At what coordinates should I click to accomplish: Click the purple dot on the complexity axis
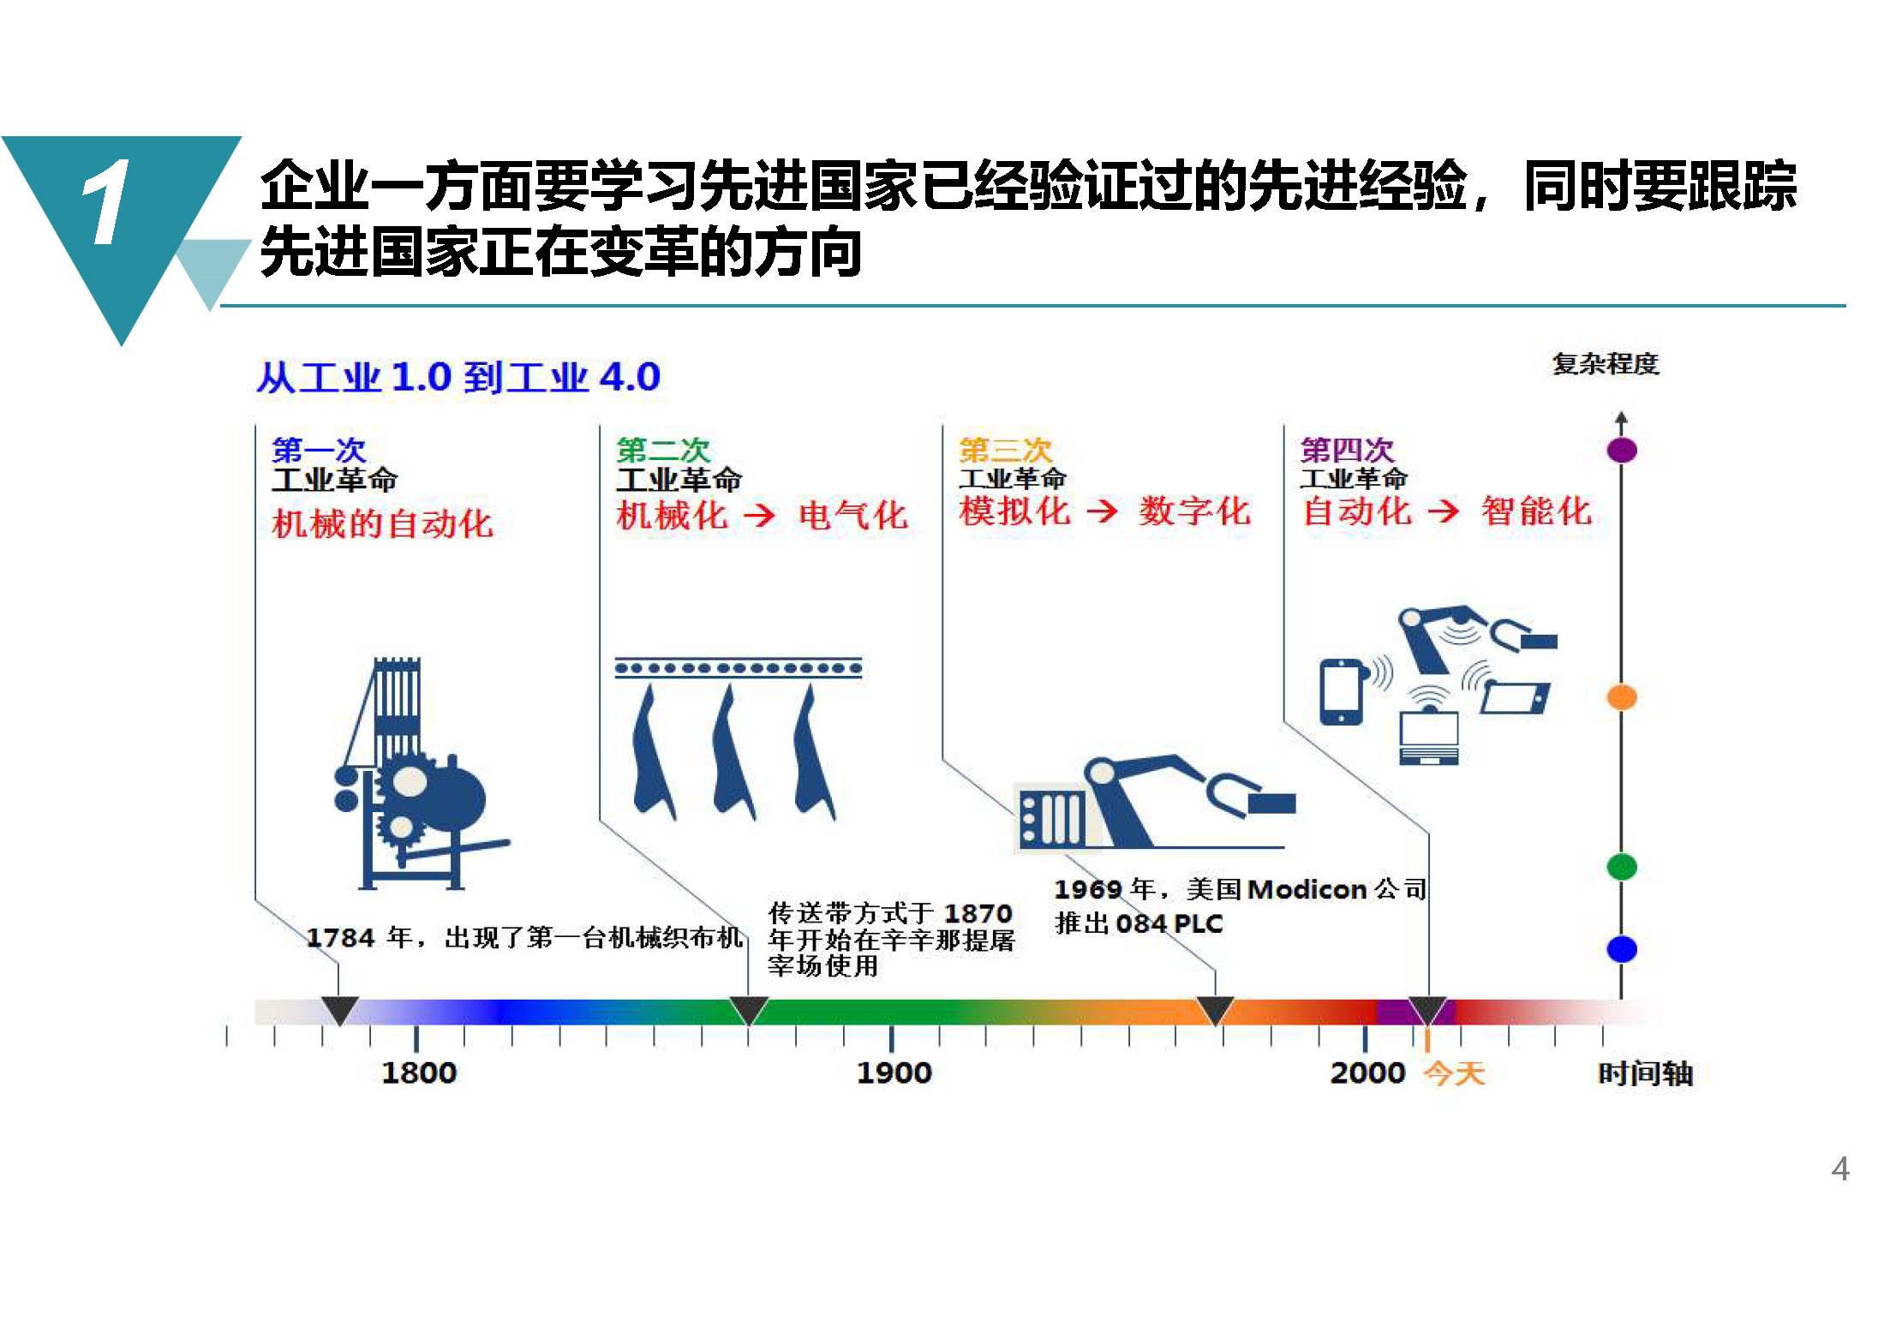1621,450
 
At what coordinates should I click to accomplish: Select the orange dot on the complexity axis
1621,697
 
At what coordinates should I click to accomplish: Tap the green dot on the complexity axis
1621,866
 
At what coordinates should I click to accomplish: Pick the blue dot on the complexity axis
1621,949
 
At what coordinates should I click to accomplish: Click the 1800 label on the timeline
419,1072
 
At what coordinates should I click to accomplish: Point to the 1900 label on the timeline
894,1072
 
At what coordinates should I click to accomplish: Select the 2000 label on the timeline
1367,1072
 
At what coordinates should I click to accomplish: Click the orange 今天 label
1454,1072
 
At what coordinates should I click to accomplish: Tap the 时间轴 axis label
1646,1072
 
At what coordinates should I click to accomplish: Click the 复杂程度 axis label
1606,364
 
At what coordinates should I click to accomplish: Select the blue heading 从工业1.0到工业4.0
458,377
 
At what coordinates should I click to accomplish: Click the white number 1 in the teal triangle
106,202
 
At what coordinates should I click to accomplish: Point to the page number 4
1839,1169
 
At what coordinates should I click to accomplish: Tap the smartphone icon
1341,691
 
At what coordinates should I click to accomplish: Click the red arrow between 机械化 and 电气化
759,515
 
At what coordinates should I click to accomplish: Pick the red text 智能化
1536,511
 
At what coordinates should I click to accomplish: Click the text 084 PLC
1169,923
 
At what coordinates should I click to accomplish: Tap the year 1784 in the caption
340,938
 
